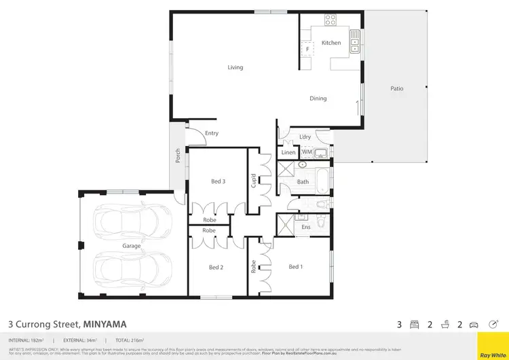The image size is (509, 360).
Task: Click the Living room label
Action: (235, 67)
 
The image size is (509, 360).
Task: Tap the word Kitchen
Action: (331, 43)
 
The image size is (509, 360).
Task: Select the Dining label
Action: (318, 98)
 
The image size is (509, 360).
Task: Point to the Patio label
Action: (397, 88)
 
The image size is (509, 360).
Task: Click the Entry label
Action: (211, 133)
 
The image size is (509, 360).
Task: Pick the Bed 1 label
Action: (295, 267)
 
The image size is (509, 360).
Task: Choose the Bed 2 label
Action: (216, 268)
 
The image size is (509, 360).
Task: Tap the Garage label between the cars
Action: (131, 246)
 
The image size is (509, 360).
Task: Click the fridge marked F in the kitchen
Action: (307, 50)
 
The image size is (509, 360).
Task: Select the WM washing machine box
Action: (306, 153)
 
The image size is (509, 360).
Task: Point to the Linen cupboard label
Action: (288, 153)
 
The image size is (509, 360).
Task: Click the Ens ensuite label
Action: (305, 227)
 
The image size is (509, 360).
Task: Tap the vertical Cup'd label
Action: (254, 182)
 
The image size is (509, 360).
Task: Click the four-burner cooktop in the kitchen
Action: (331, 19)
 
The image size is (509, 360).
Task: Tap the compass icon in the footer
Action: (493, 324)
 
